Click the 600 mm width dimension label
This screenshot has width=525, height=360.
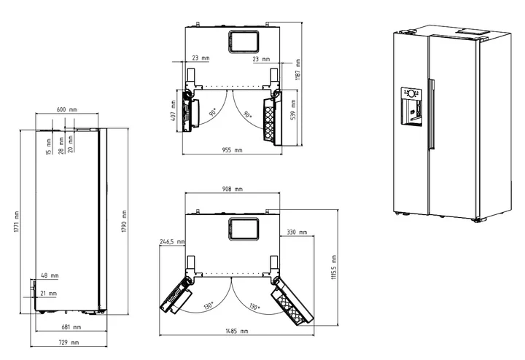[67, 109]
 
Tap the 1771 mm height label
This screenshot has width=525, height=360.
[17, 222]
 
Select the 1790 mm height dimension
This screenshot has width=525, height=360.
[124, 221]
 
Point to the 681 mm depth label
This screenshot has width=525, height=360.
[71, 327]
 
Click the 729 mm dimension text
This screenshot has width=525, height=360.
[69, 343]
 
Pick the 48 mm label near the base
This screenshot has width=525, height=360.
[50, 275]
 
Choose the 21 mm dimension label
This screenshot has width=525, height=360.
[49, 294]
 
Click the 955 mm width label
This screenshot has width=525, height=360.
[232, 150]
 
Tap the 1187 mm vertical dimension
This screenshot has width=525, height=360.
[297, 69]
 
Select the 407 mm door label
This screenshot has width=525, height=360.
[173, 111]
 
